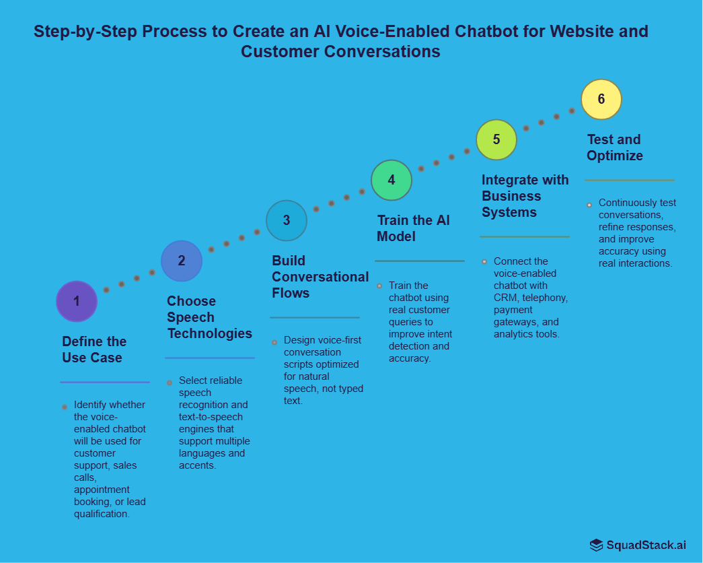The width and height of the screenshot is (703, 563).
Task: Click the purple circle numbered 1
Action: click(x=77, y=301)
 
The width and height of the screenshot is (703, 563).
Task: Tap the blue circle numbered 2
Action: click(x=182, y=261)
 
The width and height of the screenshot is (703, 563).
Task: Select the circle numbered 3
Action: click(x=287, y=220)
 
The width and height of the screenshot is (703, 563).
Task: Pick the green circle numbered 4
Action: click(x=392, y=180)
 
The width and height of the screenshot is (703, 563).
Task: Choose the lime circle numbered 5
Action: click(x=496, y=139)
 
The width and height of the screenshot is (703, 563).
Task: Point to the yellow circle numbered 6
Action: click(x=601, y=99)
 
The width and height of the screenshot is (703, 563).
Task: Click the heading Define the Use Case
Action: click(x=94, y=350)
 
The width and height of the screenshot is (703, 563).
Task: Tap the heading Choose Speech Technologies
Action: click(x=209, y=317)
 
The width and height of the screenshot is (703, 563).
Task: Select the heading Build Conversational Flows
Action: click(x=320, y=277)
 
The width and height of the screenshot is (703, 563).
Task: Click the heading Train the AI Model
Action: click(x=413, y=228)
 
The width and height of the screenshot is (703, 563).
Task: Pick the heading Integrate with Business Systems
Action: click(x=525, y=196)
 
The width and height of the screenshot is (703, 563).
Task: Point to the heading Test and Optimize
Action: click(x=614, y=147)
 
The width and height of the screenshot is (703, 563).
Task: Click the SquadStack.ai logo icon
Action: click(x=596, y=545)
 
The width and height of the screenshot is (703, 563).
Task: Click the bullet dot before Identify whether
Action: click(x=65, y=407)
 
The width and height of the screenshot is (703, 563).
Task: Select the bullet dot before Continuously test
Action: click(x=589, y=204)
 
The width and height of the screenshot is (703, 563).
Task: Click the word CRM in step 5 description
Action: click(x=505, y=298)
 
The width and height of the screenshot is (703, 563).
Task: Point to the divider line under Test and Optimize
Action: click(x=629, y=180)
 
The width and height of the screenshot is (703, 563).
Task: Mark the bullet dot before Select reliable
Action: click(x=170, y=383)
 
